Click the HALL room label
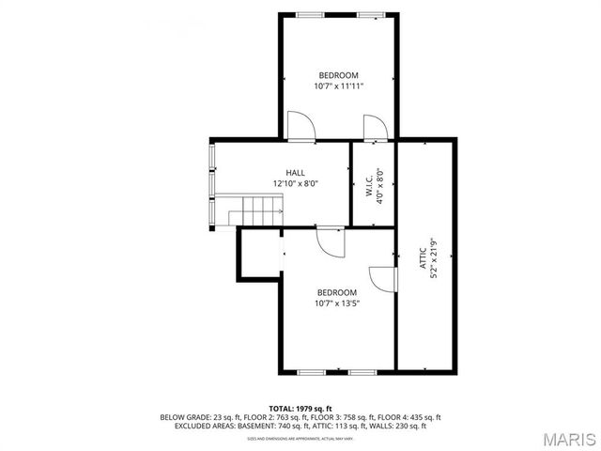click(x=296, y=173)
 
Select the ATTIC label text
click(x=422, y=260)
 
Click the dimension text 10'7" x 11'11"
click(x=338, y=86)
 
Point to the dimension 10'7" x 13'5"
click(x=337, y=303)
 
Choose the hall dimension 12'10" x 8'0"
click(x=296, y=184)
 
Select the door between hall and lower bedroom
click(x=329, y=241)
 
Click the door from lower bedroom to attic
click(x=383, y=279)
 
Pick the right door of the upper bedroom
click(x=373, y=129)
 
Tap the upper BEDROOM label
click(x=338, y=75)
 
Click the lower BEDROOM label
click(x=337, y=292)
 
